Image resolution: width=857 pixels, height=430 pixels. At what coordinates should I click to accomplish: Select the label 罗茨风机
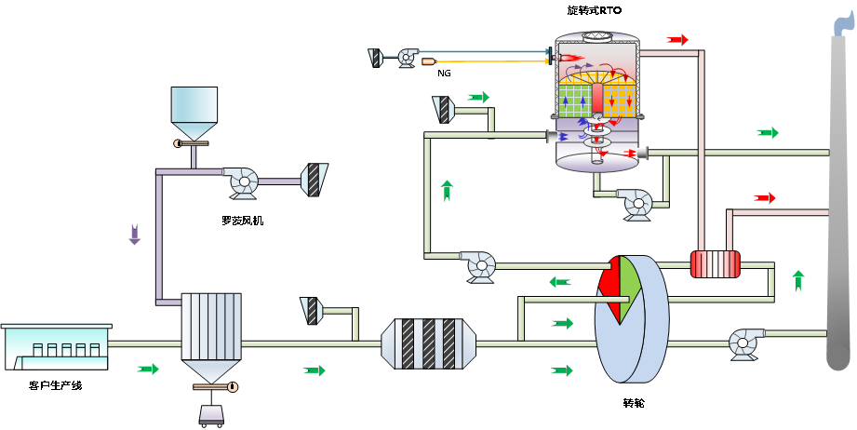click(242, 221)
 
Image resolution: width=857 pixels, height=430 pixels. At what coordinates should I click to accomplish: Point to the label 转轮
click(633, 403)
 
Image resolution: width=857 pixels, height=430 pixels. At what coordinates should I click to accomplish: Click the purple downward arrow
click(134, 235)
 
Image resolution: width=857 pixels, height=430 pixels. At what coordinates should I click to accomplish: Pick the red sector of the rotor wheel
click(609, 283)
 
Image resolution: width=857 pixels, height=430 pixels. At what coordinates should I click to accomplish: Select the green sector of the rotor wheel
click(629, 279)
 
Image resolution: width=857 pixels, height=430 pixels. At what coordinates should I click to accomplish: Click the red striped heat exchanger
click(715, 264)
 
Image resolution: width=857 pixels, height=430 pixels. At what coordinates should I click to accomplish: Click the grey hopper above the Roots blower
click(194, 113)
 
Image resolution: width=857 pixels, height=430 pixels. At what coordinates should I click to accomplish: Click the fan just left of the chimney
click(745, 342)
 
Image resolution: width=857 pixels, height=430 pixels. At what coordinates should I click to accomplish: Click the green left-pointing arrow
click(560, 282)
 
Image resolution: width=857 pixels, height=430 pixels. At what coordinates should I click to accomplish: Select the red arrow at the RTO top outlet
click(677, 39)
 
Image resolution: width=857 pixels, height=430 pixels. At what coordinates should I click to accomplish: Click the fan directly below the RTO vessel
click(637, 203)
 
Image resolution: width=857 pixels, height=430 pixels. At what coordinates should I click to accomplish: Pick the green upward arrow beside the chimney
click(798, 279)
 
